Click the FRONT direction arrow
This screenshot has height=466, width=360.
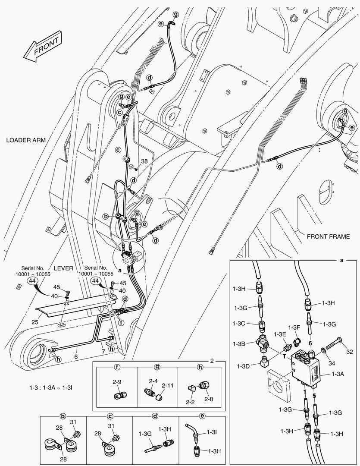(41, 47)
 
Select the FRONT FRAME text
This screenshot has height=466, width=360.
(328, 236)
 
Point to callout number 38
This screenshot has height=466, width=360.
(144, 161)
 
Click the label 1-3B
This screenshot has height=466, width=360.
(240, 343)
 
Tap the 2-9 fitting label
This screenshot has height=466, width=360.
(117, 381)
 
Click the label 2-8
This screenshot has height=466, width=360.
(209, 399)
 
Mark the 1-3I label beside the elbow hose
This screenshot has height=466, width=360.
(212, 432)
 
